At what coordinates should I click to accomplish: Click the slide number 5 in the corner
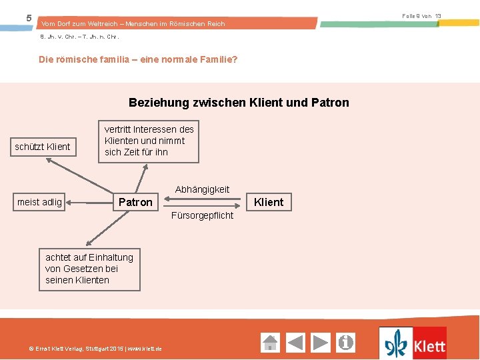(x=28, y=17)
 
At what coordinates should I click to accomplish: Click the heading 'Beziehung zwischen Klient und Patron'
(x=239, y=103)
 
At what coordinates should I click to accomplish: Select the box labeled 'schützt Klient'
(x=43, y=146)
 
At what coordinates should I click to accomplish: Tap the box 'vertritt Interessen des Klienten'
(x=149, y=141)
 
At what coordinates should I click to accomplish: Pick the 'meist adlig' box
(x=39, y=202)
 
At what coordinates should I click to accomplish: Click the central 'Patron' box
(x=135, y=202)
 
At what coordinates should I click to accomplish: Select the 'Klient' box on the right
(x=269, y=202)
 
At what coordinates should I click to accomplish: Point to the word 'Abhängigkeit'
(x=202, y=189)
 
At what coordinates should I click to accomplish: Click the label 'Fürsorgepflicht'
(x=202, y=215)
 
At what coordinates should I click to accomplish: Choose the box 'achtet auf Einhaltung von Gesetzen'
(x=89, y=269)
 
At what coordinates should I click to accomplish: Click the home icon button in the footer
(x=270, y=343)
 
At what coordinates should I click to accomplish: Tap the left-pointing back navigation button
(x=295, y=343)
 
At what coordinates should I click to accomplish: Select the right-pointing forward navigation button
(x=321, y=343)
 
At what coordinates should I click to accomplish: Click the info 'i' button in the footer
(x=346, y=343)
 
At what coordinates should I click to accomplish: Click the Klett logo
(x=413, y=343)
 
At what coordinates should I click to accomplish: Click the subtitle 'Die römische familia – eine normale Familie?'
(x=139, y=59)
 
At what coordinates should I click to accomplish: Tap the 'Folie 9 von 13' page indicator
(x=421, y=15)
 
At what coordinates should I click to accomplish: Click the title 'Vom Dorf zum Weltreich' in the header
(x=133, y=24)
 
